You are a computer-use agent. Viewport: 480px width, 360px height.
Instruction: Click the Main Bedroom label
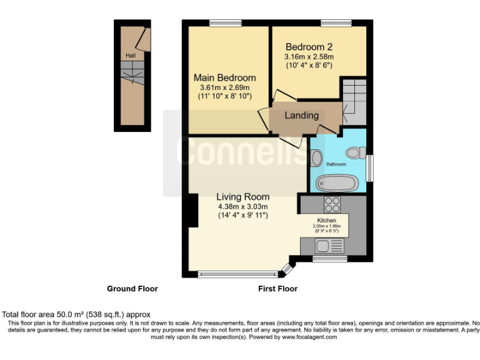(x=224, y=77)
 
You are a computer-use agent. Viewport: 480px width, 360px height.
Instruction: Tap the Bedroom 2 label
(x=309, y=47)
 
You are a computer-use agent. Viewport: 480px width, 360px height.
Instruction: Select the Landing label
(x=302, y=116)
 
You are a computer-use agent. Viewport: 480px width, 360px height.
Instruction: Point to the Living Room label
(x=242, y=196)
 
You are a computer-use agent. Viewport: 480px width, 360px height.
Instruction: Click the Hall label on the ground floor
(x=130, y=56)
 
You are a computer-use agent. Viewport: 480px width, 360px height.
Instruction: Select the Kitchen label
(x=326, y=221)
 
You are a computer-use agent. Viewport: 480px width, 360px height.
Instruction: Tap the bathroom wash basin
(x=316, y=157)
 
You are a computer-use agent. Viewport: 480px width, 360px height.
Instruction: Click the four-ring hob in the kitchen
(x=332, y=204)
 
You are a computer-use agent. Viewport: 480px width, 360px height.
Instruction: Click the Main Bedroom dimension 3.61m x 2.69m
(x=224, y=87)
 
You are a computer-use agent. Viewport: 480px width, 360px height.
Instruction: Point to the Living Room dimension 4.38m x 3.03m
(x=242, y=206)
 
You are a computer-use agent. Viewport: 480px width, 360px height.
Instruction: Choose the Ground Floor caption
(x=132, y=289)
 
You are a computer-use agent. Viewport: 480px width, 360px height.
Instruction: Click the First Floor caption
(x=277, y=289)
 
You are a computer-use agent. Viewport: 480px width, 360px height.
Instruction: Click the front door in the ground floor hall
(x=144, y=39)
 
